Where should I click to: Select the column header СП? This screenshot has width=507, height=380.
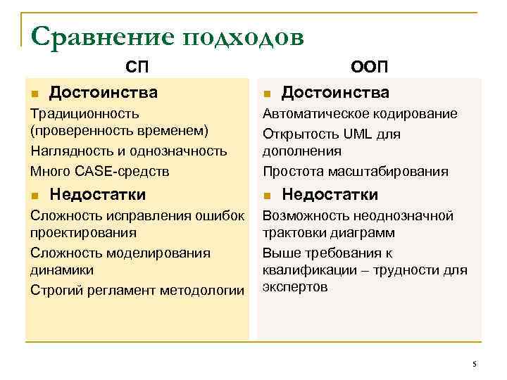tap(137, 67)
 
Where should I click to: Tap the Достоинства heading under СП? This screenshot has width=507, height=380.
tap(104, 92)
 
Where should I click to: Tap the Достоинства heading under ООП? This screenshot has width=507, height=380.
tap(335, 92)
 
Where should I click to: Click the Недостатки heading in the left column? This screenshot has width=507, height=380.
tap(98, 194)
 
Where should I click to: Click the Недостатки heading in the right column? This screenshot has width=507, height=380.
tap(330, 194)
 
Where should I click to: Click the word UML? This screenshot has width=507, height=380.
tap(358, 132)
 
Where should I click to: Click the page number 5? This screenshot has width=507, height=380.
tap(475, 364)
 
